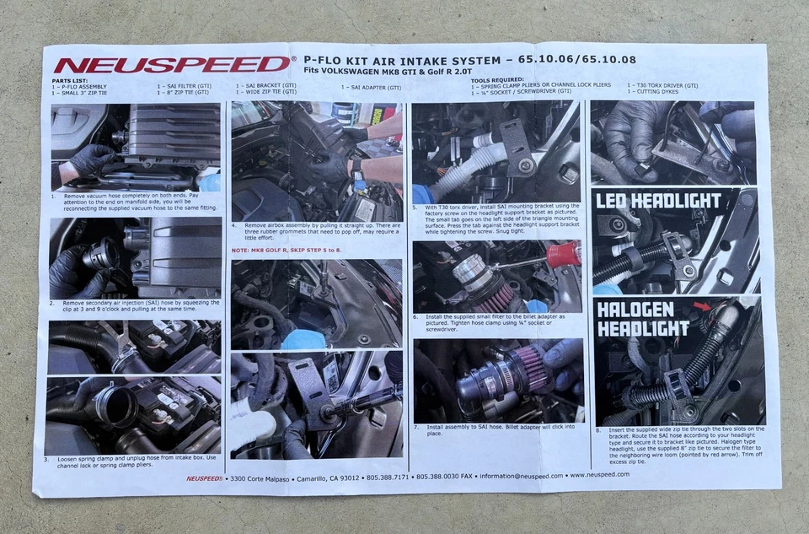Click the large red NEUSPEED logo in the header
coord(173,64)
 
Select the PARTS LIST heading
coord(70,80)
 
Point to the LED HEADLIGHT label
coord(658,201)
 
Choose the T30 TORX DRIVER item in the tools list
coord(662,85)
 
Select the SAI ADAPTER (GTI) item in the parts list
coord(372,87)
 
